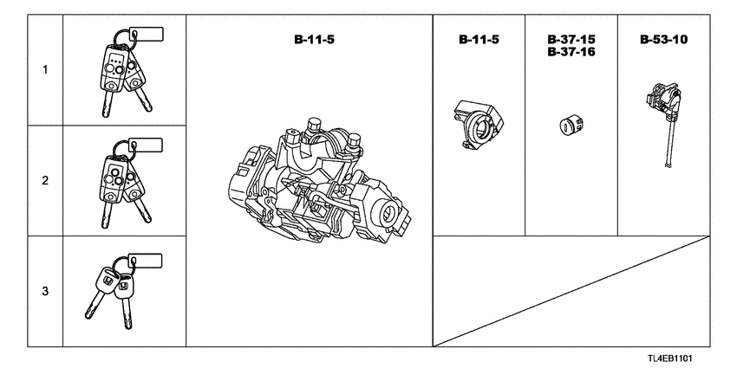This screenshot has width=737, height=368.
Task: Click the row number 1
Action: (44, 71)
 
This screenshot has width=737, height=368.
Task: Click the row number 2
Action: (44, 181)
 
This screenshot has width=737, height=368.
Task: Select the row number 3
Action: (44, 291)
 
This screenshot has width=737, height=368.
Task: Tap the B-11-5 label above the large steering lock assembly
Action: (310, 41)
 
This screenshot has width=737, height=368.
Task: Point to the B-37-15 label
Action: (571, 41)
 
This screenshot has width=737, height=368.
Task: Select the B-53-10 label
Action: (663, 41)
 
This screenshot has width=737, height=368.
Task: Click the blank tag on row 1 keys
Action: (149, 34)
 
